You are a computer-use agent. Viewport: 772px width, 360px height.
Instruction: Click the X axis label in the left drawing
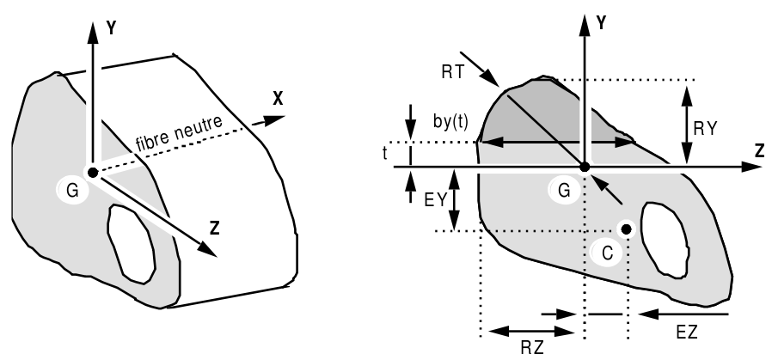(x=278, y=99)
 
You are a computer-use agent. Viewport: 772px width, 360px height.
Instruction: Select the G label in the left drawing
(x=72, y=191)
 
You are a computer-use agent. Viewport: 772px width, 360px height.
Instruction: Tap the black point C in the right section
(x=627, y=229)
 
